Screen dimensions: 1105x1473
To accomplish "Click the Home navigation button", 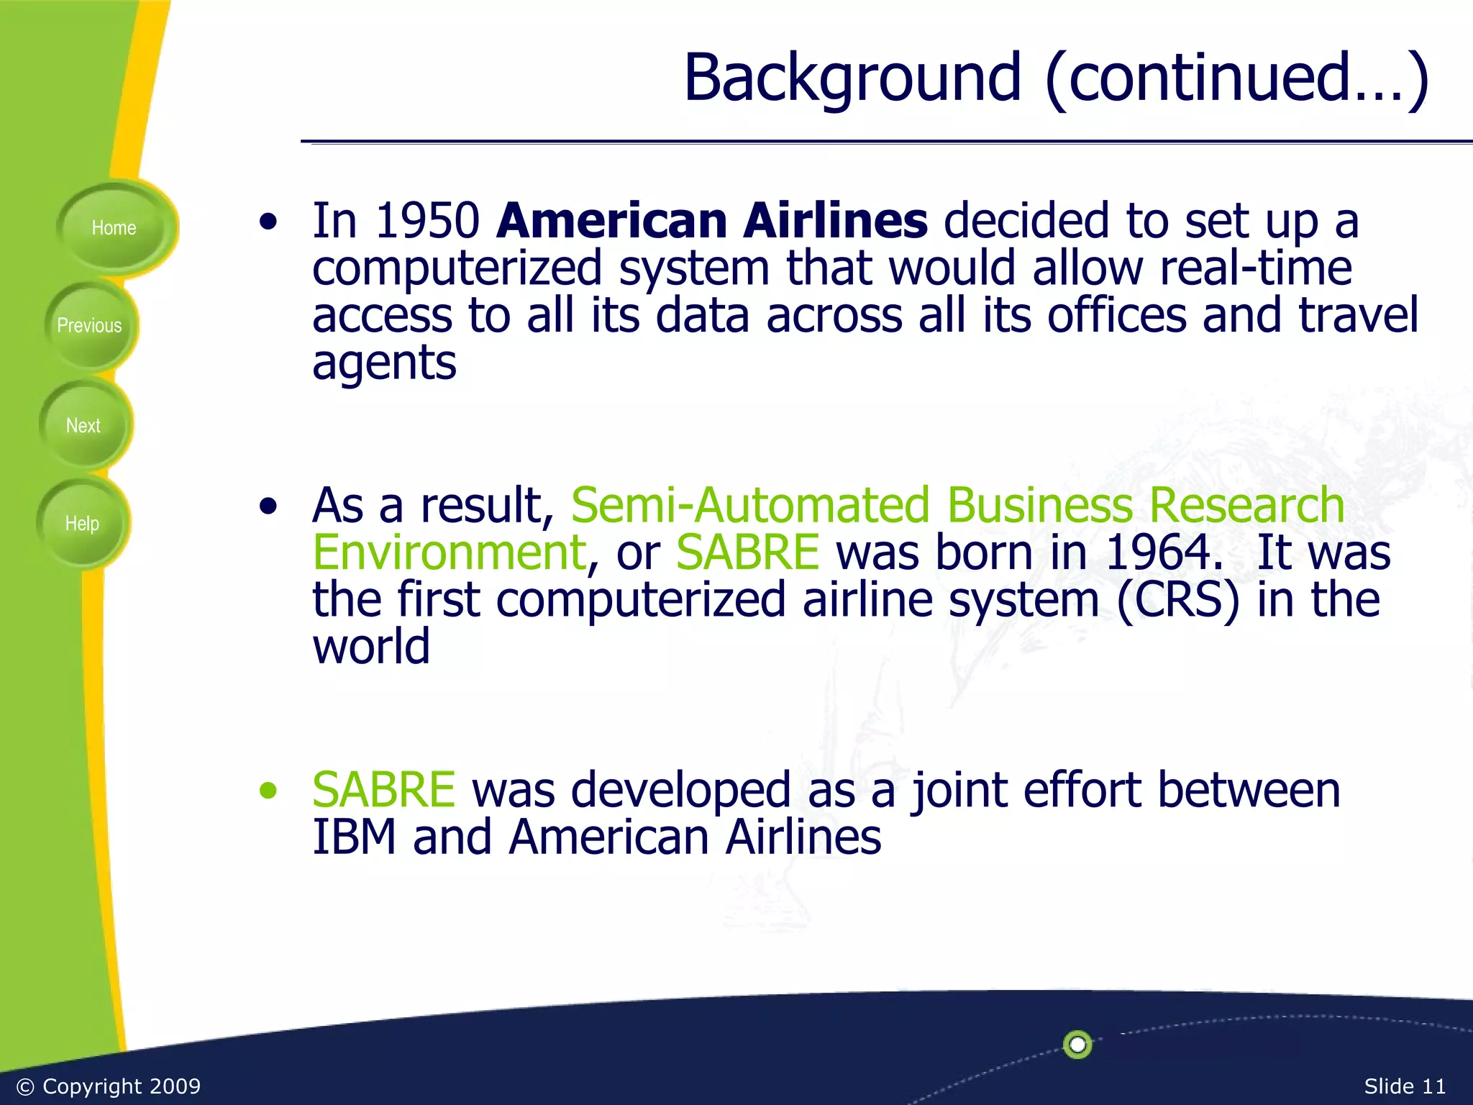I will pos(114,228).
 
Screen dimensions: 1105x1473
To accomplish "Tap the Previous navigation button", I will pos(89,326).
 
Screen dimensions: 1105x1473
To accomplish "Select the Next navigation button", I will pos(83,426).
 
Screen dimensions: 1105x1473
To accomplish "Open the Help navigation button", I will pos(82,524).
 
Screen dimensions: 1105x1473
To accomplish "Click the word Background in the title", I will pos(852,78).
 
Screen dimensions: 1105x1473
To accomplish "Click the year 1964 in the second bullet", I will pos(1164,552).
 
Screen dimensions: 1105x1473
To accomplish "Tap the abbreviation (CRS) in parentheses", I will pos(1178,599).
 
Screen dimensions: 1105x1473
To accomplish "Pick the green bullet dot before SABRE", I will pos(268,791).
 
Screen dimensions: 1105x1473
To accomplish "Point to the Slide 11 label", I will pos(1404,1086).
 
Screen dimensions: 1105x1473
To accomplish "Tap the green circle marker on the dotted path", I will pos(1077,1044).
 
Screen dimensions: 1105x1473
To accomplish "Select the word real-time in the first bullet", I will pos(1256,268).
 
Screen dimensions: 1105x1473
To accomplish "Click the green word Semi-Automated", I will pos(750,505).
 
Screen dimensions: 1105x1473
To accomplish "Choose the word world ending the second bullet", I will pos(371,646).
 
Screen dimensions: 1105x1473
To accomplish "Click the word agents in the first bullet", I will pos(384,363).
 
